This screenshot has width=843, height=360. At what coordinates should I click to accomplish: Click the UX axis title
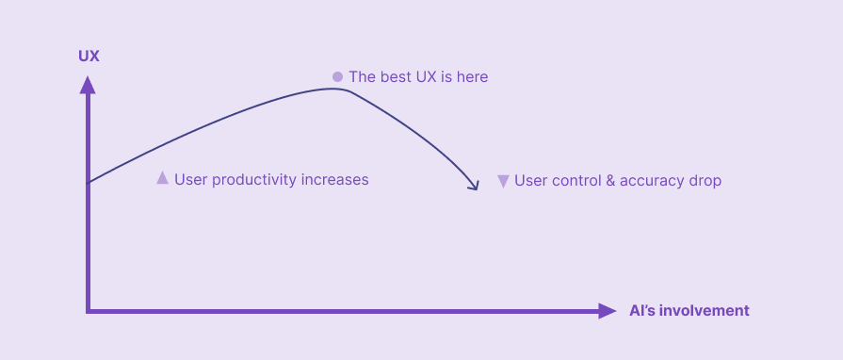(89, 57)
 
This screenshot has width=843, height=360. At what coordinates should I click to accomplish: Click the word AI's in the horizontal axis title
(642, 311)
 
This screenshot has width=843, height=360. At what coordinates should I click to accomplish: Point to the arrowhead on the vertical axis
(88, 85)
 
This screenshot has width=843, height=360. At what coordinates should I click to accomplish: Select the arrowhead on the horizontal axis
(608, 311)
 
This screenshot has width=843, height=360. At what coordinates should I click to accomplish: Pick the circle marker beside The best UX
(337, 76)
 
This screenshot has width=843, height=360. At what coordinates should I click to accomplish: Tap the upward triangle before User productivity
(162, 177)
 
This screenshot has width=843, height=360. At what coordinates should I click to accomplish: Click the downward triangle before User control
(503, 180)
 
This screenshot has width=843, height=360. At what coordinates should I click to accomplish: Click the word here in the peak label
(471, 76)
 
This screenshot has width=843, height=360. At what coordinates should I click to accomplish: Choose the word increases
(334, 179)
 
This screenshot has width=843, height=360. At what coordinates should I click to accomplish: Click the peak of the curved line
(334, 89)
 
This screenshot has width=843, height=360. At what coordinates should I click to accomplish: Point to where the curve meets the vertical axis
(88, 182)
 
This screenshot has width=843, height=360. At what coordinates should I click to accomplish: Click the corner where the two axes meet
(88, 310)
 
